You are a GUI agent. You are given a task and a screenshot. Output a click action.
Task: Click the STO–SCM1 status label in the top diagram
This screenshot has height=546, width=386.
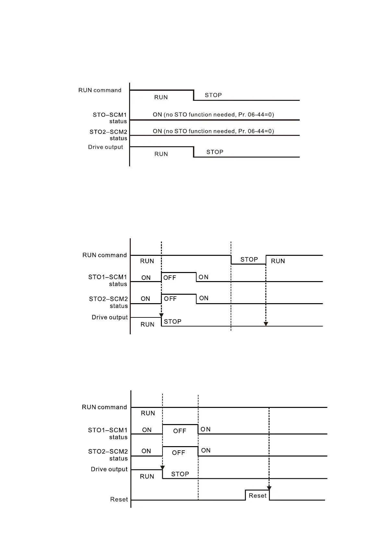(110, 118)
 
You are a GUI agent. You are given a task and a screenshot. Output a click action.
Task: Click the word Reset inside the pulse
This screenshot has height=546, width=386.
(258, 495)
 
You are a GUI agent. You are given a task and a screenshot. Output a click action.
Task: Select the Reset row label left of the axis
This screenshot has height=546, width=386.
(119, 499)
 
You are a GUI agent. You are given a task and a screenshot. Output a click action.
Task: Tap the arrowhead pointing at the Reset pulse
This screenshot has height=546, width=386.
(269, 488)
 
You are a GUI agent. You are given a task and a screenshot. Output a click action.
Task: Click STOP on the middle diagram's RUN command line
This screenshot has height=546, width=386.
(249, 259)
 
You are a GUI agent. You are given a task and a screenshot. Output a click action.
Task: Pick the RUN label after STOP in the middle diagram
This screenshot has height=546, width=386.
(278, 261)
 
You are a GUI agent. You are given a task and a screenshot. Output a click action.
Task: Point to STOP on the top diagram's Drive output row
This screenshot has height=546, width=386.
(215, 152)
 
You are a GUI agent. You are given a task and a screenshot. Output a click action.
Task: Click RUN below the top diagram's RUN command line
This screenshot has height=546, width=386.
(161, 97)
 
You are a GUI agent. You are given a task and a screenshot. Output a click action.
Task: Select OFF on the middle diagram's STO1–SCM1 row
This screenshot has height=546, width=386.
(170, 278)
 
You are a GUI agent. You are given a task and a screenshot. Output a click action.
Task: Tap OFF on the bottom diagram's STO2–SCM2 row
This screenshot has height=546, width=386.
(178, 453)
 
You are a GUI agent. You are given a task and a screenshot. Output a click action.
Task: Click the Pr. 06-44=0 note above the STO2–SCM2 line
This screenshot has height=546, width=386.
(213, 131)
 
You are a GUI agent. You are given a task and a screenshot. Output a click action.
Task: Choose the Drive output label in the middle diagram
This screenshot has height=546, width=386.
(110, 317)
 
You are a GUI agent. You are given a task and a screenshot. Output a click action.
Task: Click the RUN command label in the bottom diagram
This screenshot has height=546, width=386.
(104, 407)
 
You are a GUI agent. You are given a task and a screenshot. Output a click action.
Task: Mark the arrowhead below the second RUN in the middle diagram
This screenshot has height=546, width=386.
(266, 324)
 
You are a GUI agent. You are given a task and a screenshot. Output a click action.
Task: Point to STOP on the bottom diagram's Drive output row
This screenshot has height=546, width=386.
(180, 474)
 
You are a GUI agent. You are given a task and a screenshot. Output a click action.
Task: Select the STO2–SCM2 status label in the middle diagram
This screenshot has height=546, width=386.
(108, 302)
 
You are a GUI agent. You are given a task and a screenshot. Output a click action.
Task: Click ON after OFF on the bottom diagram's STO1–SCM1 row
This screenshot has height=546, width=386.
(206, 429)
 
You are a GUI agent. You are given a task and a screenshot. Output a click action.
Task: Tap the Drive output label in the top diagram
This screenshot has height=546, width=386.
(105, 147)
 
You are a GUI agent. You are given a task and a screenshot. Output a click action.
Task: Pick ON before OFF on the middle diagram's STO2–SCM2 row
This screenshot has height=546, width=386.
(145, 299)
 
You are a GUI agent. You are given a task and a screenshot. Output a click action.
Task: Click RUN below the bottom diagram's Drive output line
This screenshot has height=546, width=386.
(147, 476)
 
